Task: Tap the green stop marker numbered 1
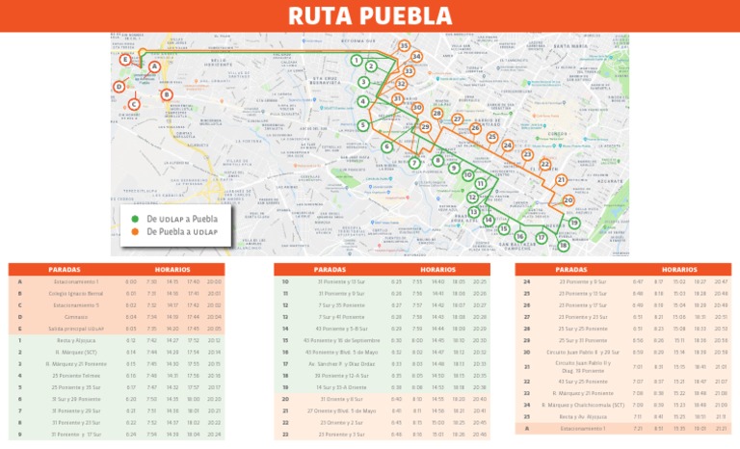click(357, 61)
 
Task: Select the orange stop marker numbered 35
click(404, 46)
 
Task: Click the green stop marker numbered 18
click(564, 246)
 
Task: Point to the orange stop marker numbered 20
click(568, 200)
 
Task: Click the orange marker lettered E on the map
click(124, 60)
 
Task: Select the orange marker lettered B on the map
click(167, 94)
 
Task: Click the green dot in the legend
click(136, 219)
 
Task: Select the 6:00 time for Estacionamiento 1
click(131, 281)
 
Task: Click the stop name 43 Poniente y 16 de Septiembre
click(342, 340)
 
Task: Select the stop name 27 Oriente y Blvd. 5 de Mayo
click(342, 410)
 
